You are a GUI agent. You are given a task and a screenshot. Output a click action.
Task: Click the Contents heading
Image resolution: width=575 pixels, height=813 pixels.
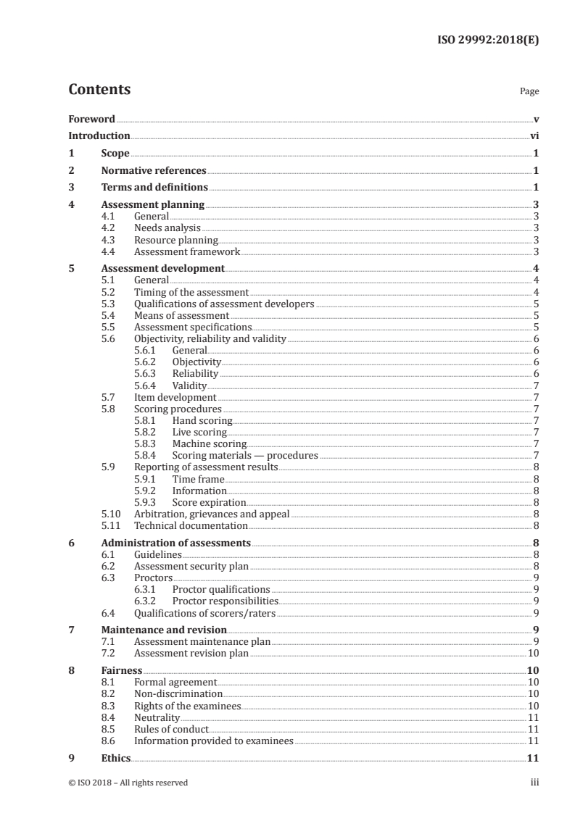coord(99,90)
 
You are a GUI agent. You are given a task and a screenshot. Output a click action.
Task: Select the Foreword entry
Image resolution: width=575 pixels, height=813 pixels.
coord(91,119)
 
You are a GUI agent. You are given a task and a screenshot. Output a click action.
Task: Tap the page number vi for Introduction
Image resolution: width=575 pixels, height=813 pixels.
coord(534,135)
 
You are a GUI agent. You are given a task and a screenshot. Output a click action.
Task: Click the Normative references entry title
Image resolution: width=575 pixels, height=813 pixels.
coord(154,171)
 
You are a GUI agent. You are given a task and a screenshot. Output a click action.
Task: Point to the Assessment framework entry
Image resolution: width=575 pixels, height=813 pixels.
coord(186,251)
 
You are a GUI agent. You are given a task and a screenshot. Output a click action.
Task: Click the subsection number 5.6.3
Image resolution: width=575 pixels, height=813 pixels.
coord(146,374)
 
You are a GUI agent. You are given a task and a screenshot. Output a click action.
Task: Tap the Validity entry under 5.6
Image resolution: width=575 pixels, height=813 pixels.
coord(189,385)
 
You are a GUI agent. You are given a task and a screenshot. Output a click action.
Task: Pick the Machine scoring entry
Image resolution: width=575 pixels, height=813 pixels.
coord(209,443)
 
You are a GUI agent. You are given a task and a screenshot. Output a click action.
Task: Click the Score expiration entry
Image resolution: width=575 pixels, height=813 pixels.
coord(209,502)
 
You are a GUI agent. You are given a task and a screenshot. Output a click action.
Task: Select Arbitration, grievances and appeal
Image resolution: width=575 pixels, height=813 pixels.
coord(212,514)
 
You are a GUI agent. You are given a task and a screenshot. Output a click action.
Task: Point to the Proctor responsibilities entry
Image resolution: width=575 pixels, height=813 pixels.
coord(225,601)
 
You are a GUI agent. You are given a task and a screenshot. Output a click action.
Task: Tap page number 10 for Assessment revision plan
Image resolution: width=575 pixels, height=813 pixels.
coord(532,653)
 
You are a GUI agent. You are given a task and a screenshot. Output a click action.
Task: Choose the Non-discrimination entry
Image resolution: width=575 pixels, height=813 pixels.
coord(178,693)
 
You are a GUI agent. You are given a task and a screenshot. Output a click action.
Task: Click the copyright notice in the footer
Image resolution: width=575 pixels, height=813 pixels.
coord(128,782)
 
